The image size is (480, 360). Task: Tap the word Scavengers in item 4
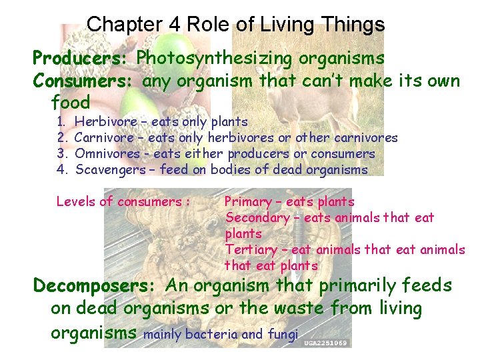[x=110, y=170]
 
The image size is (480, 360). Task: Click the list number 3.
[x=61, y=154]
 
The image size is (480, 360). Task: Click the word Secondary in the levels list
[x=258, y=217]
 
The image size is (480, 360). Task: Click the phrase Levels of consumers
[x=119, y=201]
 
